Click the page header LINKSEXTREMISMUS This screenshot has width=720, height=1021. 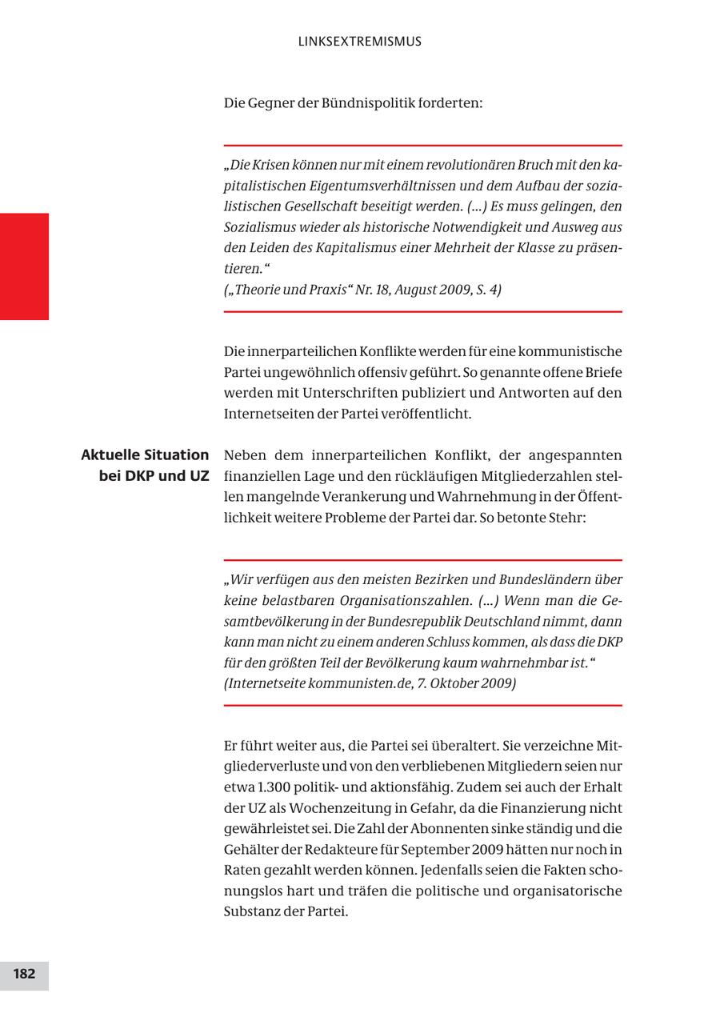[x=359, y=42]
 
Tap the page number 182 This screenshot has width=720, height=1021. [x=24, y=974]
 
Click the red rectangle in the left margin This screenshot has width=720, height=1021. [x=24, y=266]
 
